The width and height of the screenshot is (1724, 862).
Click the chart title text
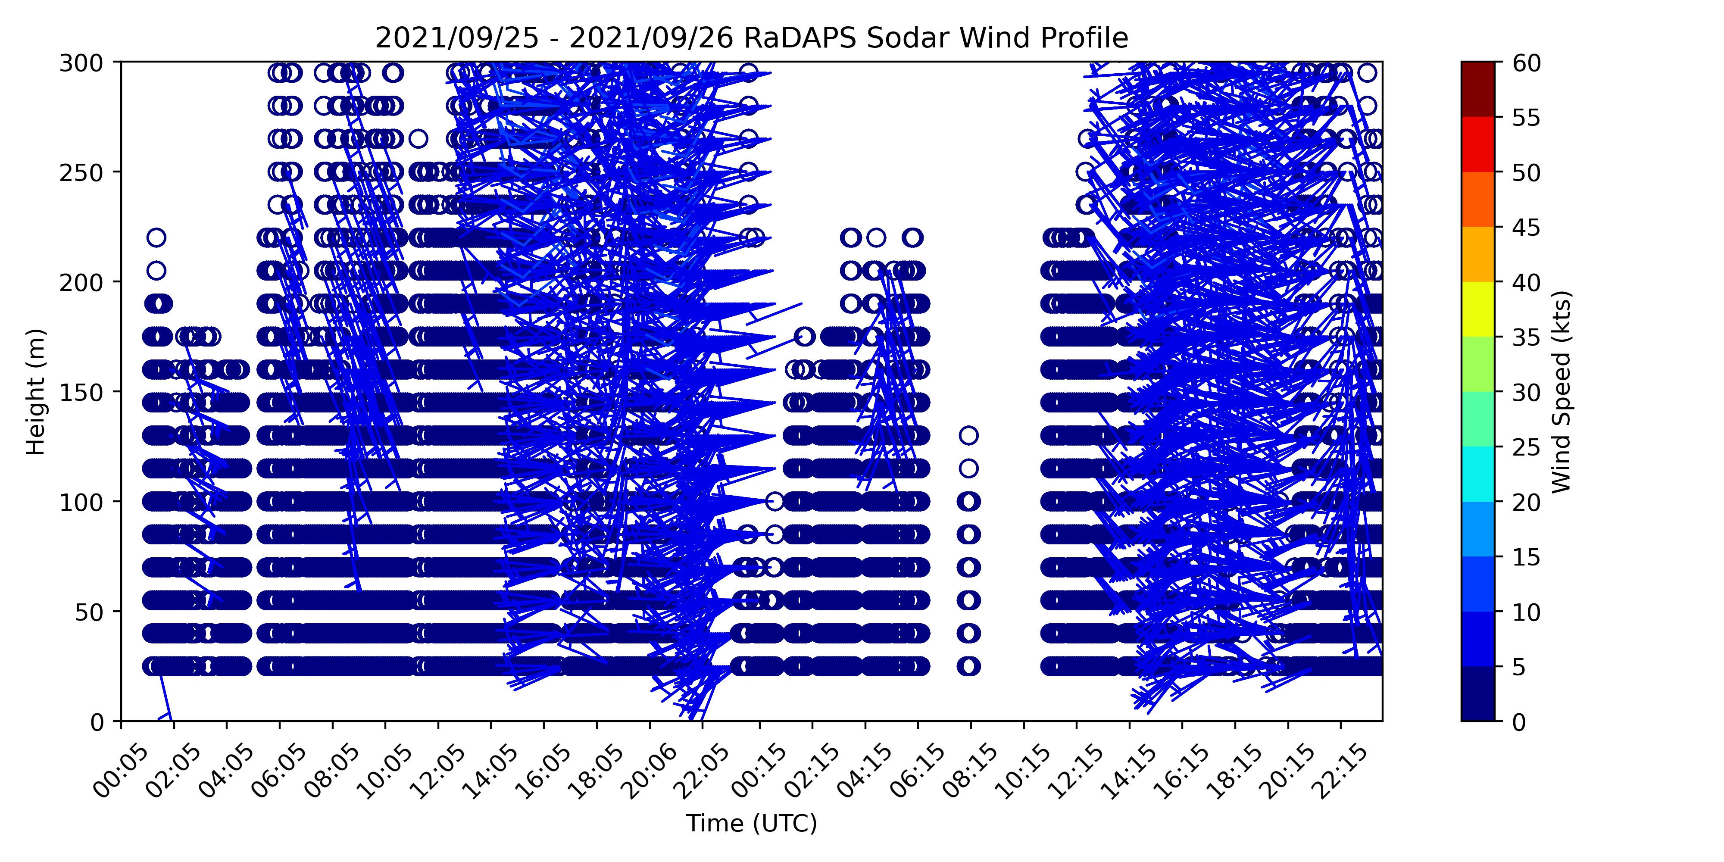[x=752, y=38]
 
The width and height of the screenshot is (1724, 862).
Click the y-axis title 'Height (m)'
[x=36, y=391]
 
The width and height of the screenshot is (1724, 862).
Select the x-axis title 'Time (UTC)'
[x=752, y=823]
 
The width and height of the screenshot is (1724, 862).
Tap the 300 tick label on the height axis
[x=87, y=63]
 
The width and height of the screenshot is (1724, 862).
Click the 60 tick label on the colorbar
[x=1527, y=63]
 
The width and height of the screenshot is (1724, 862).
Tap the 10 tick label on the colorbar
[x=1527, y=612]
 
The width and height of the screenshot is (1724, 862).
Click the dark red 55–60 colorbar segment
[x=1478, y=90]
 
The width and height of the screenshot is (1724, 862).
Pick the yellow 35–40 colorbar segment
[x=1478, y=309]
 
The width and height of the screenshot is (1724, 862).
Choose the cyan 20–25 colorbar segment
[x=1478, y=474]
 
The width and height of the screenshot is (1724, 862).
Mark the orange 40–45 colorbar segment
[x=1478, y=254]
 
